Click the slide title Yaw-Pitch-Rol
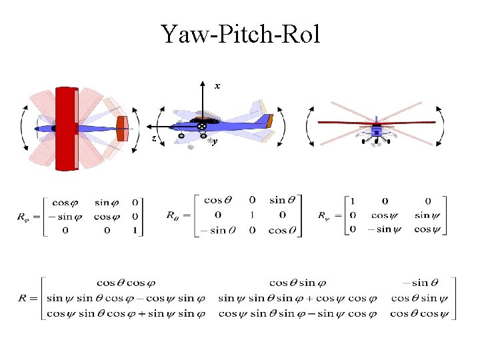[240, 33]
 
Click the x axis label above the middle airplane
[217, 86]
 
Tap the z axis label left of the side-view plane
[154, 138]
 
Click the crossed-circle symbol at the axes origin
[201, 126]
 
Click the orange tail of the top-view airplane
[121, 128]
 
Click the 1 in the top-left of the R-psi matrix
[352, 200]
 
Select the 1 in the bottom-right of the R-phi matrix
[135, 231]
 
